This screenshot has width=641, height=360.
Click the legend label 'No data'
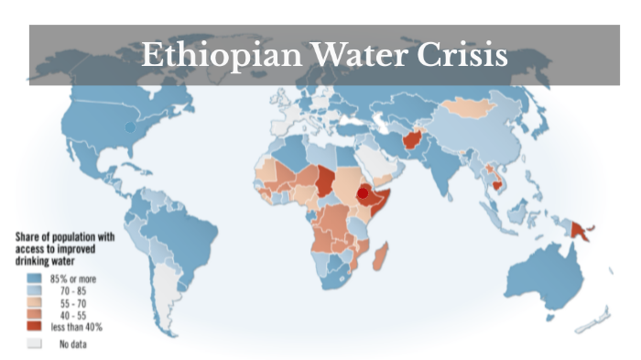click(x=75, y=343)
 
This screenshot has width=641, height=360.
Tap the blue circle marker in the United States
click(x=129, y=129)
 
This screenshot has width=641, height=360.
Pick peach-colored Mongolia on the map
click(x=471, y=111)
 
